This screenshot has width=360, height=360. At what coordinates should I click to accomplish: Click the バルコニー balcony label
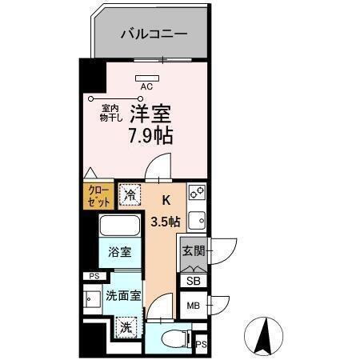(x=154, y=34)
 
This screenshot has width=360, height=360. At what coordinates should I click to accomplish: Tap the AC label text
(x=146, y=86)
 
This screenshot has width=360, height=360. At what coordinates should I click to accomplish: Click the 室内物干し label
(x=110, y=113)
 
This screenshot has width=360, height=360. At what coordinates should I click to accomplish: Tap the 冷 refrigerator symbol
(x=130, y=195)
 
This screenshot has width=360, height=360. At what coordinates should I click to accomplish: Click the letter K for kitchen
(x=167, y=201)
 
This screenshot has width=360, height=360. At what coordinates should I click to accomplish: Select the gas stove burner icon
(x=196, y=194)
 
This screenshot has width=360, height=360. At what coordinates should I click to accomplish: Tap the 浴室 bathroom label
(x=121, y=251)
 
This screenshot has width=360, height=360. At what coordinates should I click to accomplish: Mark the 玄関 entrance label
(x=193, y=251)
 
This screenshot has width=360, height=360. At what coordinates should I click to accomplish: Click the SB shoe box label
(x=193, y=280)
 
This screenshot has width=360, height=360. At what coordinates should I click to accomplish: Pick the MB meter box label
(x=193, y=306)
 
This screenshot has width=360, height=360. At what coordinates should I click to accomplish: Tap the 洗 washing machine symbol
(x=125, y=326)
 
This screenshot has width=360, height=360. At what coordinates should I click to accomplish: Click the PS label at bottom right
(x=201, y=345)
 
